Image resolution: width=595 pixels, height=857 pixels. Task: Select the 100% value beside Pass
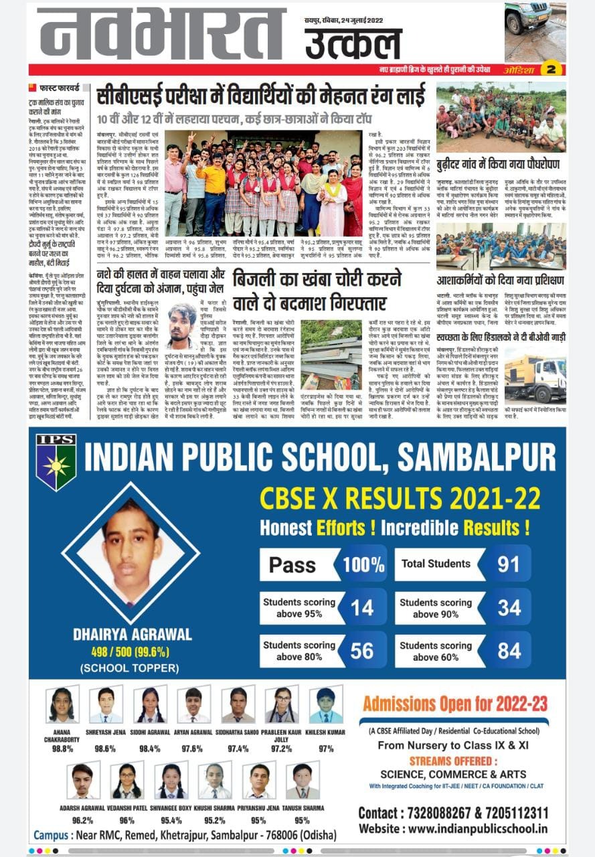tap(363, 564)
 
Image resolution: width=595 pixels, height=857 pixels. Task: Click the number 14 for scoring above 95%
tap(362, 607)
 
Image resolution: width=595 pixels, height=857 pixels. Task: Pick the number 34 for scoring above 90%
tap(509, 607)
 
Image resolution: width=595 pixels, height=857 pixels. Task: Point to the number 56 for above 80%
tap(362, 651)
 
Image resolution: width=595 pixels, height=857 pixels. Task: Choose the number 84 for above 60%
tap(509, 651)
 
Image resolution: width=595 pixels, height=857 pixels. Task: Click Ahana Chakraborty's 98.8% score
tap(62, 749)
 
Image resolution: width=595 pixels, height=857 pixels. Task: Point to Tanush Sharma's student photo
tap(302, 781)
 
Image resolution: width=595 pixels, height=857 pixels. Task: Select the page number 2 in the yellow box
tap(551, 69)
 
